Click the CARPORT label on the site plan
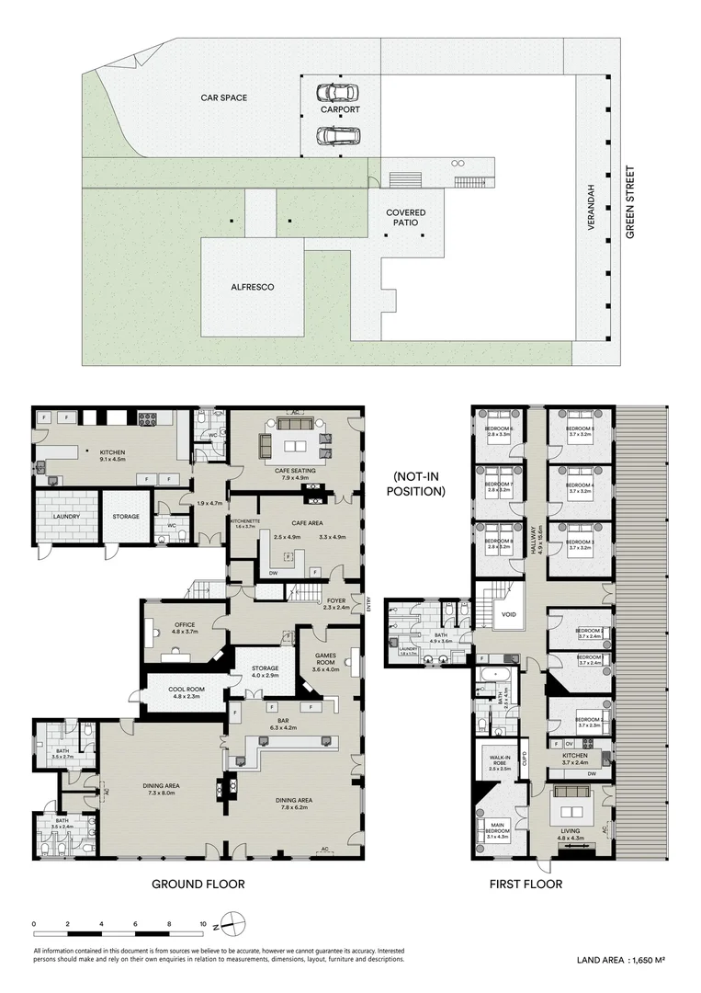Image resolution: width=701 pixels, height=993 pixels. tap(339, 109)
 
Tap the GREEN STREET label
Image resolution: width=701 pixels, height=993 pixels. tap(629, 202)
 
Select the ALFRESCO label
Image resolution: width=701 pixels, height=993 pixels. tap(253, 287)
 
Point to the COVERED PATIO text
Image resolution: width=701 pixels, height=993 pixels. tap(405, 218)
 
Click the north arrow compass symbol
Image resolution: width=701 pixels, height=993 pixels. tap(233, 924)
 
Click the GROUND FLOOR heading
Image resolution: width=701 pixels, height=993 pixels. tap(198, 885)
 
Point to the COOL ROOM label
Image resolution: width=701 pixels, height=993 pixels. tap(186, 691)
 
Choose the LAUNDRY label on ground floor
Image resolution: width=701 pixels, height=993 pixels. tap(66, 517)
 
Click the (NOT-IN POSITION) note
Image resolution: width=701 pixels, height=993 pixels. tap(418, 485)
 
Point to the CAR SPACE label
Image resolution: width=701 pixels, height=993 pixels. tap(224, 97)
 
